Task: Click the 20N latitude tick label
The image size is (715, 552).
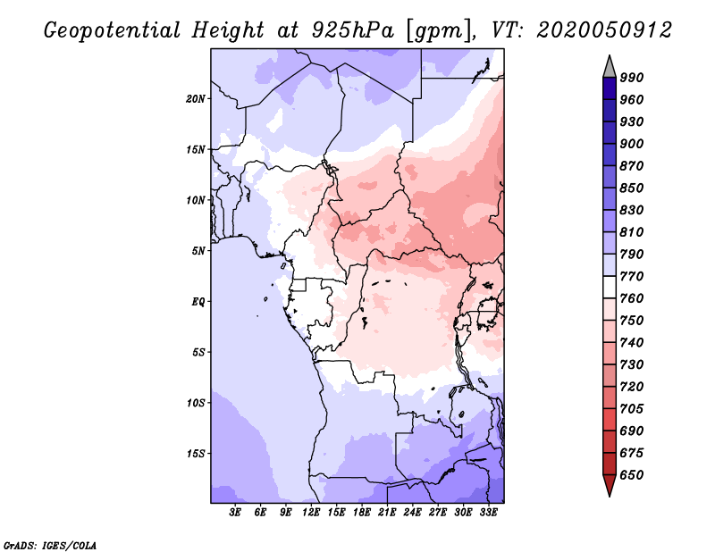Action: pyautogui.click(x=196, y=99)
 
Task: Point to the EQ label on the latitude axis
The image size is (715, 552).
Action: pyautogui.click(x=198, y=302)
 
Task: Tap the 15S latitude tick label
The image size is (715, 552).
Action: pyautogui.click(x=196, y=454)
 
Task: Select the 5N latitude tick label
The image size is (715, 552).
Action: pyautogui.click(x=198, y=251)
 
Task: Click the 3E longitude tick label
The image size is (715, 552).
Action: pyautogui.click(x=235, y=513)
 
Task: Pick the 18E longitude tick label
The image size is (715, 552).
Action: pyautogui.click(x=362, y=513)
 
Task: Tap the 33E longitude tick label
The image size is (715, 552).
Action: pyautogui.click(x=488, y=513)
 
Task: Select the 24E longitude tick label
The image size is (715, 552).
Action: pyautogui.click(x=412, y=513)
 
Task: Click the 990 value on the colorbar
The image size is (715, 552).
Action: pyautogui.click(x=632, y=78)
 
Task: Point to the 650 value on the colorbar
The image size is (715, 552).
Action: pyautogui.click(x=632, y=475)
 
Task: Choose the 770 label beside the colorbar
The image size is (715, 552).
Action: pyautogui.click(x=632, y=276)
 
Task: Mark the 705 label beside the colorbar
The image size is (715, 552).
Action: pyautogui.click(x=632, y=409)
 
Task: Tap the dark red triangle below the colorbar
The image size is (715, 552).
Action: pyautogui.click(x=610, y=483)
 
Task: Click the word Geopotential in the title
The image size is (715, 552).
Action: pyautogui.click(x=113, y=30)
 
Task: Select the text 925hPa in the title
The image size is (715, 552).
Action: pyautogui.click(x=352, y=30)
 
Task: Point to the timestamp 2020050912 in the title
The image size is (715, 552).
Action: pyautogui.click(x=604, y=30)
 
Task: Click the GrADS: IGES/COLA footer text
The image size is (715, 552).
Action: pyautogui.click(x=50, y=545)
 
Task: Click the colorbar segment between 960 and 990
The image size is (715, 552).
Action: pyautogui.click(x=610, y=88)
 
